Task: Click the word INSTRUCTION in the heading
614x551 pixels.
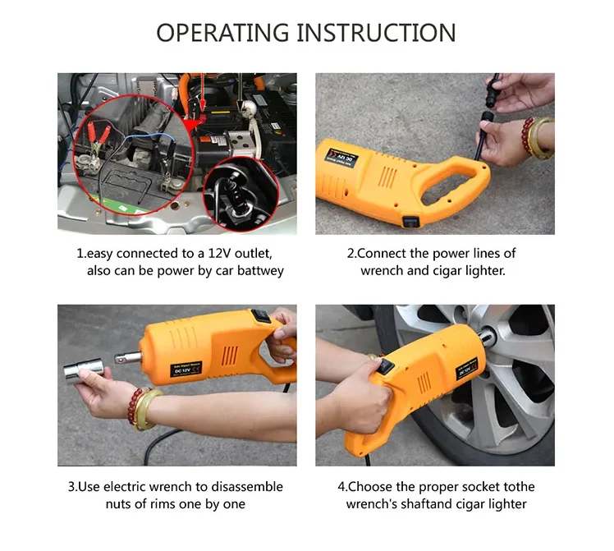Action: point(377,33)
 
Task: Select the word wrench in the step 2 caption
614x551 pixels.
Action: point(383,271)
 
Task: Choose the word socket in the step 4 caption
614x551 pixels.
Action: point(472,486)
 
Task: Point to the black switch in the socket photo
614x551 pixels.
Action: point(261,315)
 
